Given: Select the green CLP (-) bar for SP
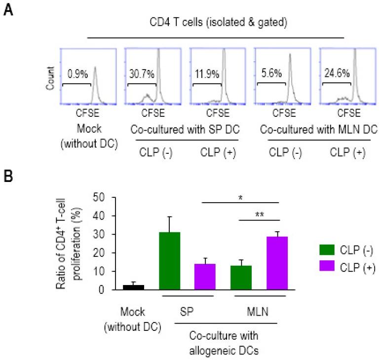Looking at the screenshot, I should click(169, 261).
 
